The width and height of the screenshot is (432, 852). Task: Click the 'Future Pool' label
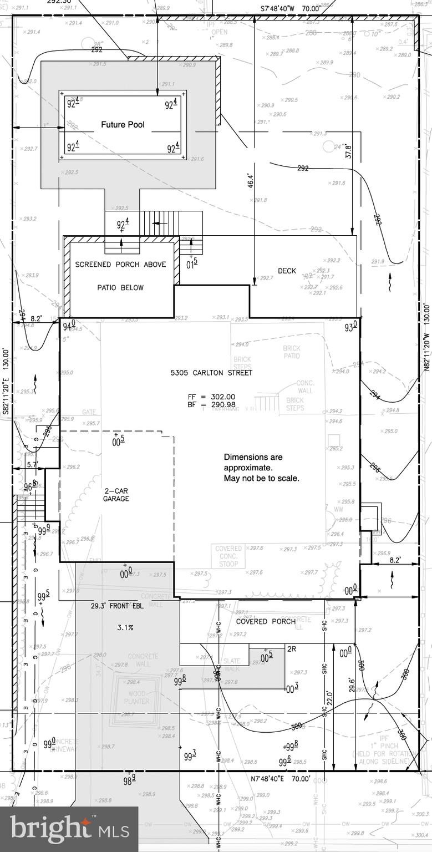point(123,125)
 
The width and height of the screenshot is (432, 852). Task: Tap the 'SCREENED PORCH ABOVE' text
point(120,265)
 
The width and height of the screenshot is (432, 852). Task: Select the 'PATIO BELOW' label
point(120,287)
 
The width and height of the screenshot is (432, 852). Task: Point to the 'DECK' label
point(287,271)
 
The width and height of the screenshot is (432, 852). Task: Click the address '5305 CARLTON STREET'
point(211,373)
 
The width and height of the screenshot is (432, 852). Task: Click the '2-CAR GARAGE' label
point(116,495)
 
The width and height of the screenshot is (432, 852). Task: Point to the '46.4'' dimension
point(250,180)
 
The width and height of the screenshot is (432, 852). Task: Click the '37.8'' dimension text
point(348,151)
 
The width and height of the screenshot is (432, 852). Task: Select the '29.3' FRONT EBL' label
point(117,606)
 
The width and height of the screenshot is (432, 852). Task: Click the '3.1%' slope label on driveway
point(125,627)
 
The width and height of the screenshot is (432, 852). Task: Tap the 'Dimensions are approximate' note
point(261,467)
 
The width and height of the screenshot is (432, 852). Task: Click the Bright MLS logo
point(69,829)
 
